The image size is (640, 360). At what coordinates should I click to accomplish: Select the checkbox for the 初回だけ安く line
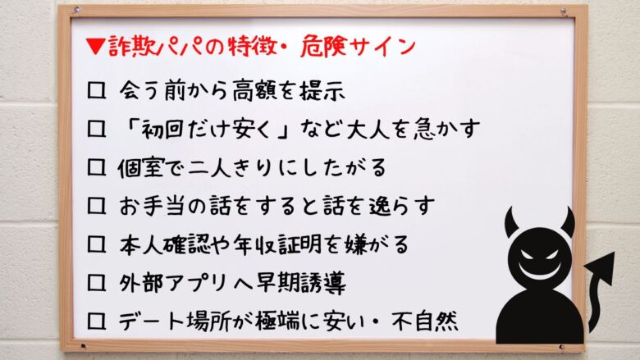point(96,129)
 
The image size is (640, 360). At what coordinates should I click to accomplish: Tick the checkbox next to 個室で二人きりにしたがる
point(96,167)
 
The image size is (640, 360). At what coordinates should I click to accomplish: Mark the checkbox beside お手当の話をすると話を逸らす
point(96,206)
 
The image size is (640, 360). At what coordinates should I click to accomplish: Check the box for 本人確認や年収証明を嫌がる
point(96,244)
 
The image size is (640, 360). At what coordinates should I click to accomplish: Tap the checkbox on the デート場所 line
point(96,321)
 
